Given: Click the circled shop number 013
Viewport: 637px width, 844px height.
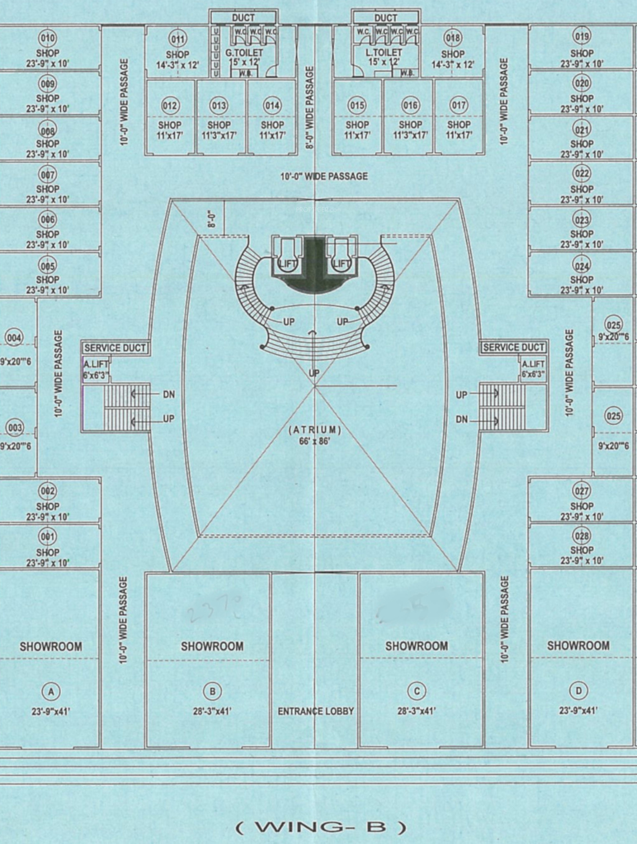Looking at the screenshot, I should tap(219, 105).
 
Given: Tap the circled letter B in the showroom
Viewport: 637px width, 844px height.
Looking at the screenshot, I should tap(212, 691).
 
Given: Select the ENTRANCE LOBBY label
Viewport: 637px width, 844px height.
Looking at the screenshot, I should tap(316, 711).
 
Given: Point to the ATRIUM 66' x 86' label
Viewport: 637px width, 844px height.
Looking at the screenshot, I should tap(315, 435).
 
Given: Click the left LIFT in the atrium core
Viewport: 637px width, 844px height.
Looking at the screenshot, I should tap(287, 263).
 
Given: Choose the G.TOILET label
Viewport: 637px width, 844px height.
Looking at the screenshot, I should tap(244, 53).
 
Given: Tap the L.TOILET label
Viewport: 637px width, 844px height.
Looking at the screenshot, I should tap(383, 53).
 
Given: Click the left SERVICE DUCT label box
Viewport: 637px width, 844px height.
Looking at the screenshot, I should tap(115, 348).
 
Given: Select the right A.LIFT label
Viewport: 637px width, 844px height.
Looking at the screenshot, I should tap(533, 364).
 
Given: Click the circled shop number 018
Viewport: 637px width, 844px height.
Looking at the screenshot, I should tap(453, 38).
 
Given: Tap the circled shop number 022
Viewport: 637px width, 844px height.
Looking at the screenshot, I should tap(582, 173).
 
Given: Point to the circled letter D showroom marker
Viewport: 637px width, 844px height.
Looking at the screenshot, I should tap(578, 691).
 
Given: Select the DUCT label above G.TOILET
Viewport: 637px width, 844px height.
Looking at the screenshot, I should tap(243, 18).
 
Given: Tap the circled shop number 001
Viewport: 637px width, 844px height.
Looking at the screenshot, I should tap(47, 536).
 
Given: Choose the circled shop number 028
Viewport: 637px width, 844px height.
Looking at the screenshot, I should tap(582, 535).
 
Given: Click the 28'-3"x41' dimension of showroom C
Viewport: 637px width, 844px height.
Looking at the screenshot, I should tap(416, 711).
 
